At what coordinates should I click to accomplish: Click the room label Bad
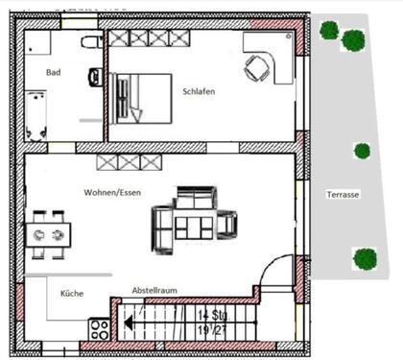click(54, 72)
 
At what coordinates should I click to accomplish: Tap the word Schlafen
click(198, 91)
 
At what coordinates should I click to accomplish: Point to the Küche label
click(72, 294)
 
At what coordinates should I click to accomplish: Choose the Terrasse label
click(343, 194)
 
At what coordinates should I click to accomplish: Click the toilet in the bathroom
click(91, 41)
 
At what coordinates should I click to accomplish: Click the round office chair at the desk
click(256, 67)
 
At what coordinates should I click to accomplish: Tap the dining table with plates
click(47, 233)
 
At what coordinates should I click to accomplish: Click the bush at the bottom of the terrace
click(364, 258)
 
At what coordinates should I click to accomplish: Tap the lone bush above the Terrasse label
click(362, 151)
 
